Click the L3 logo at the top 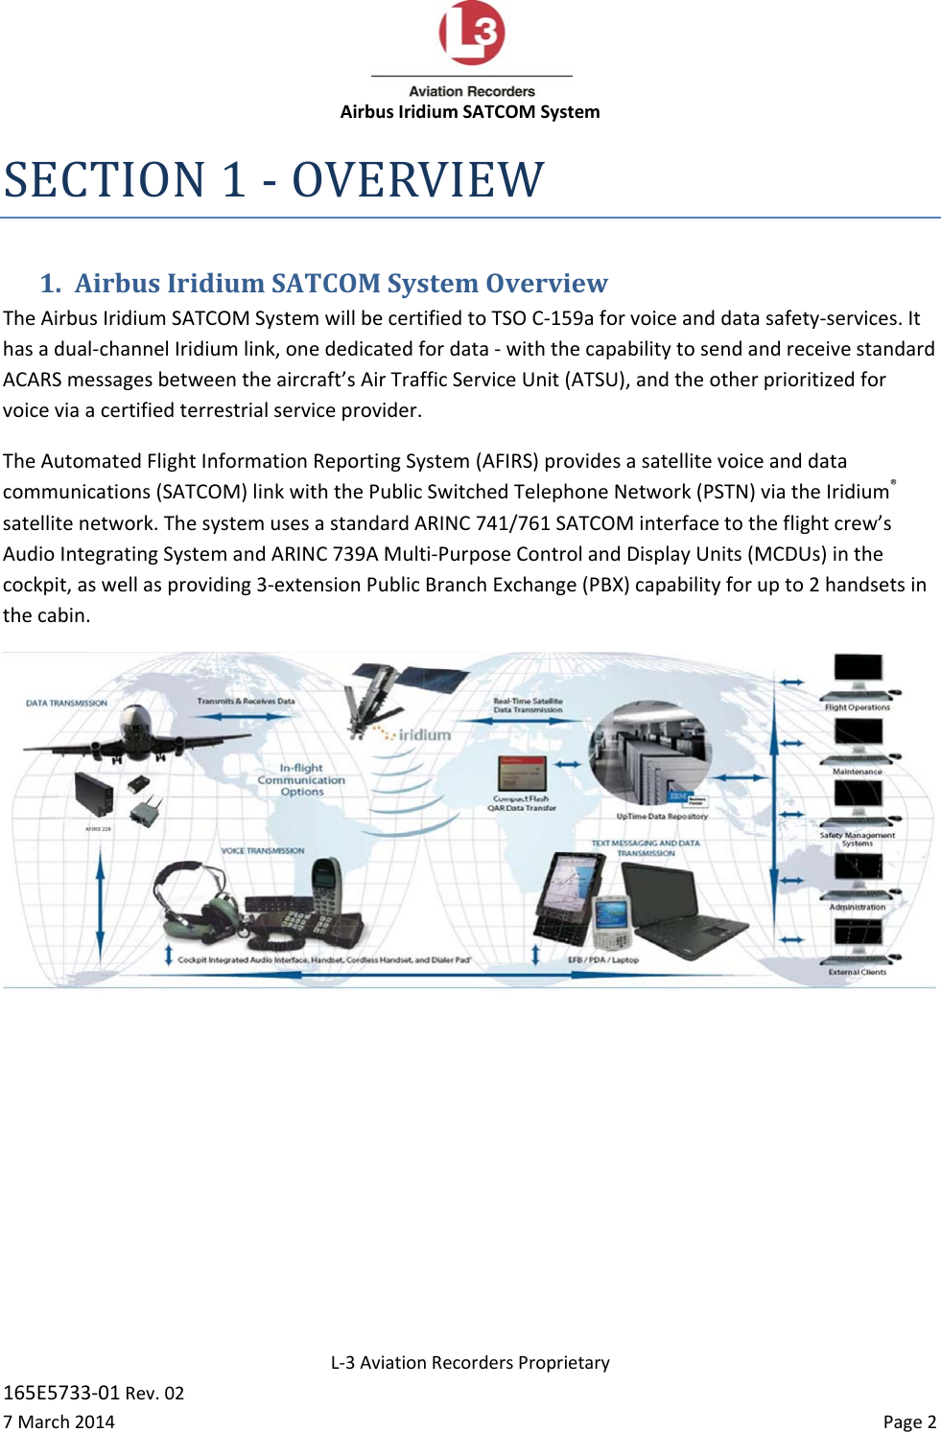pos(471,33)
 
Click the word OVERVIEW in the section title pos(418,180)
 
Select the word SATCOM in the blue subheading pos(326,284)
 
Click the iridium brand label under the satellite pos(423,735)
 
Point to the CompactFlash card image pos(522,773)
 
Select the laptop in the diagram pos(682,906)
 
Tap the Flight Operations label pos(858,707)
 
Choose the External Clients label pos(858,972)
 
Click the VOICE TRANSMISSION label pos(263,851)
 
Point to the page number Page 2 pos(909,1421)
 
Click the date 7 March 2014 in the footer pos(59,1421)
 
